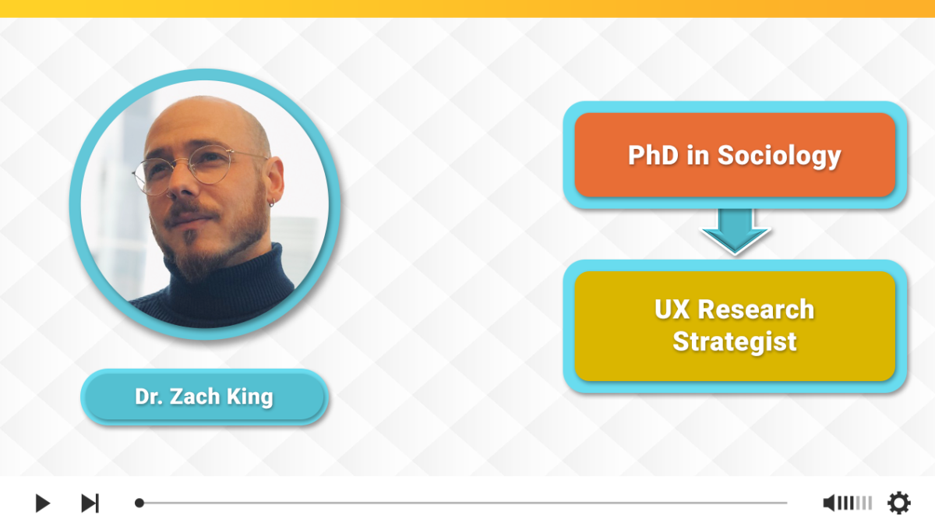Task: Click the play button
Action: (43, 503)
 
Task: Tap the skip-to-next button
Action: (90, 503)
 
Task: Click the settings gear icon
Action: (898, 503)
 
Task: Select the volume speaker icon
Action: (829, 503)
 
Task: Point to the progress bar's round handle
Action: (139, 503)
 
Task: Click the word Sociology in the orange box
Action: (779, 156)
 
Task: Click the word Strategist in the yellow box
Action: (735, 342)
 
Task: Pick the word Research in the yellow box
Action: (756, 309)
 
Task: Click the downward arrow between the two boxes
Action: (735, 231)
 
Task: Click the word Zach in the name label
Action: (195, 397)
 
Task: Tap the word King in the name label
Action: (250, 397)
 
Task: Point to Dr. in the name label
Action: (149, 397)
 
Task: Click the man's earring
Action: (272, 203)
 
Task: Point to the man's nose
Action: (179, 184)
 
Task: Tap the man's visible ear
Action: (274, 178)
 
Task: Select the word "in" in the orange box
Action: (698, 155)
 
